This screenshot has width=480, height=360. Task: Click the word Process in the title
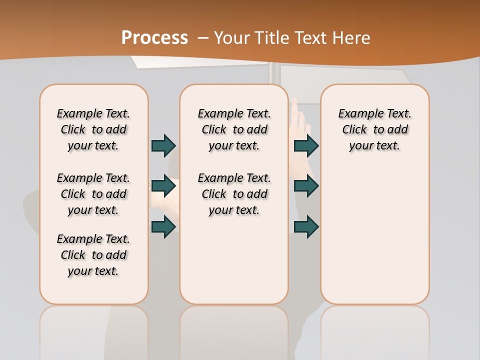click(x=154, y=37)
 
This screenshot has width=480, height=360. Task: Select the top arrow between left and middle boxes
click(x=163, y=145)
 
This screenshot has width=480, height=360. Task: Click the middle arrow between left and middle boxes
click(x=163, y=186)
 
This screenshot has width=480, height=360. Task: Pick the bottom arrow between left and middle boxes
click(x=163, y=227)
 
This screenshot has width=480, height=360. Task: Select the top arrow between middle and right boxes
click(x=306, y=145)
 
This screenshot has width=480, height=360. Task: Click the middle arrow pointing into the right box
click(x=306, y=186)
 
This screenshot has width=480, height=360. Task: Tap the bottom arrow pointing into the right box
click(x=306, y=227)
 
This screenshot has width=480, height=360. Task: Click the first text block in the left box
click(x=93, y=129)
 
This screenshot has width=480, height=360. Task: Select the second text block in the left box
click(x=93, y=194)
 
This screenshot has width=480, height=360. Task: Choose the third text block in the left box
click(x=93, y=255)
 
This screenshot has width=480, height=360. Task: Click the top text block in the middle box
click(x=234, y=129)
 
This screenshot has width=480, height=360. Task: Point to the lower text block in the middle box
click(x=234, y=194)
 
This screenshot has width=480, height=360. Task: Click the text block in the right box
click(x=374, y=129)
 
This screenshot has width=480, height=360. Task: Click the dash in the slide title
click(x=203, y=38)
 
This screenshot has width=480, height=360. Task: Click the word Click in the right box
click(x=354, y=130)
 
